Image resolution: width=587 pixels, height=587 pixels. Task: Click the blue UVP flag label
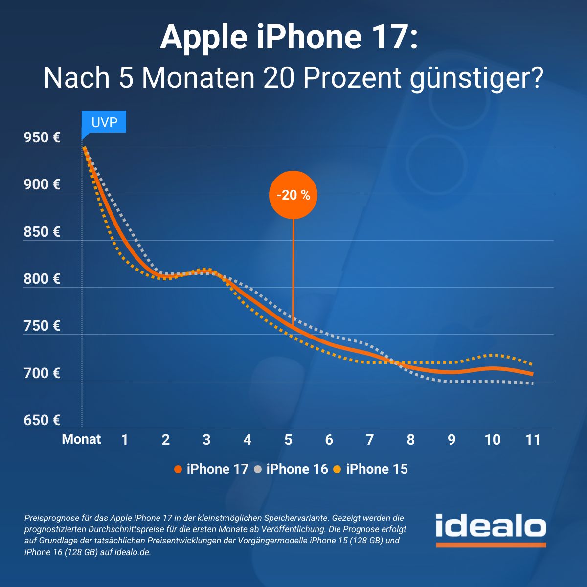(x=104, y=122)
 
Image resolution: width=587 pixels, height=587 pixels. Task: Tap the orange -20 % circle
(x=293, y=195)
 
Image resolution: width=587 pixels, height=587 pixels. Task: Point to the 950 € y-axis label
(x=42, y=137)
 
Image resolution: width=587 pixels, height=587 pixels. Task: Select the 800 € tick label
(x=42, y=279)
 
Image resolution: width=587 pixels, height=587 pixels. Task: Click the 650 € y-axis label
(x=42, y=420)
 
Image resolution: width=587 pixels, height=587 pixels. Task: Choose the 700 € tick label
(x=42, y=373)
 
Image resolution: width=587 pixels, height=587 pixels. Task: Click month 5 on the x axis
(x=288, y=440)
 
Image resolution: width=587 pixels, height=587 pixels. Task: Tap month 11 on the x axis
(x=533, y=440)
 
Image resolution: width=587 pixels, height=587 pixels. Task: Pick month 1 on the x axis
(x=125, y=440)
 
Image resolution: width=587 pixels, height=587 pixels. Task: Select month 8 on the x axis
(x=410, y=440)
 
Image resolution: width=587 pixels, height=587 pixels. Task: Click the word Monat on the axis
(x=81, y=439)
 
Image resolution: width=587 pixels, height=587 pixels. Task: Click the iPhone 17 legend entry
(x=212, y=469)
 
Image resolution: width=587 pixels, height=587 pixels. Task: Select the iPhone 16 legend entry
(x=292, y=469)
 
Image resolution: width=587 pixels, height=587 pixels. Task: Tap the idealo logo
(x=491, y=529)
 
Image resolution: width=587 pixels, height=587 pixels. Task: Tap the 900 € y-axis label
(x=42, y=185)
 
